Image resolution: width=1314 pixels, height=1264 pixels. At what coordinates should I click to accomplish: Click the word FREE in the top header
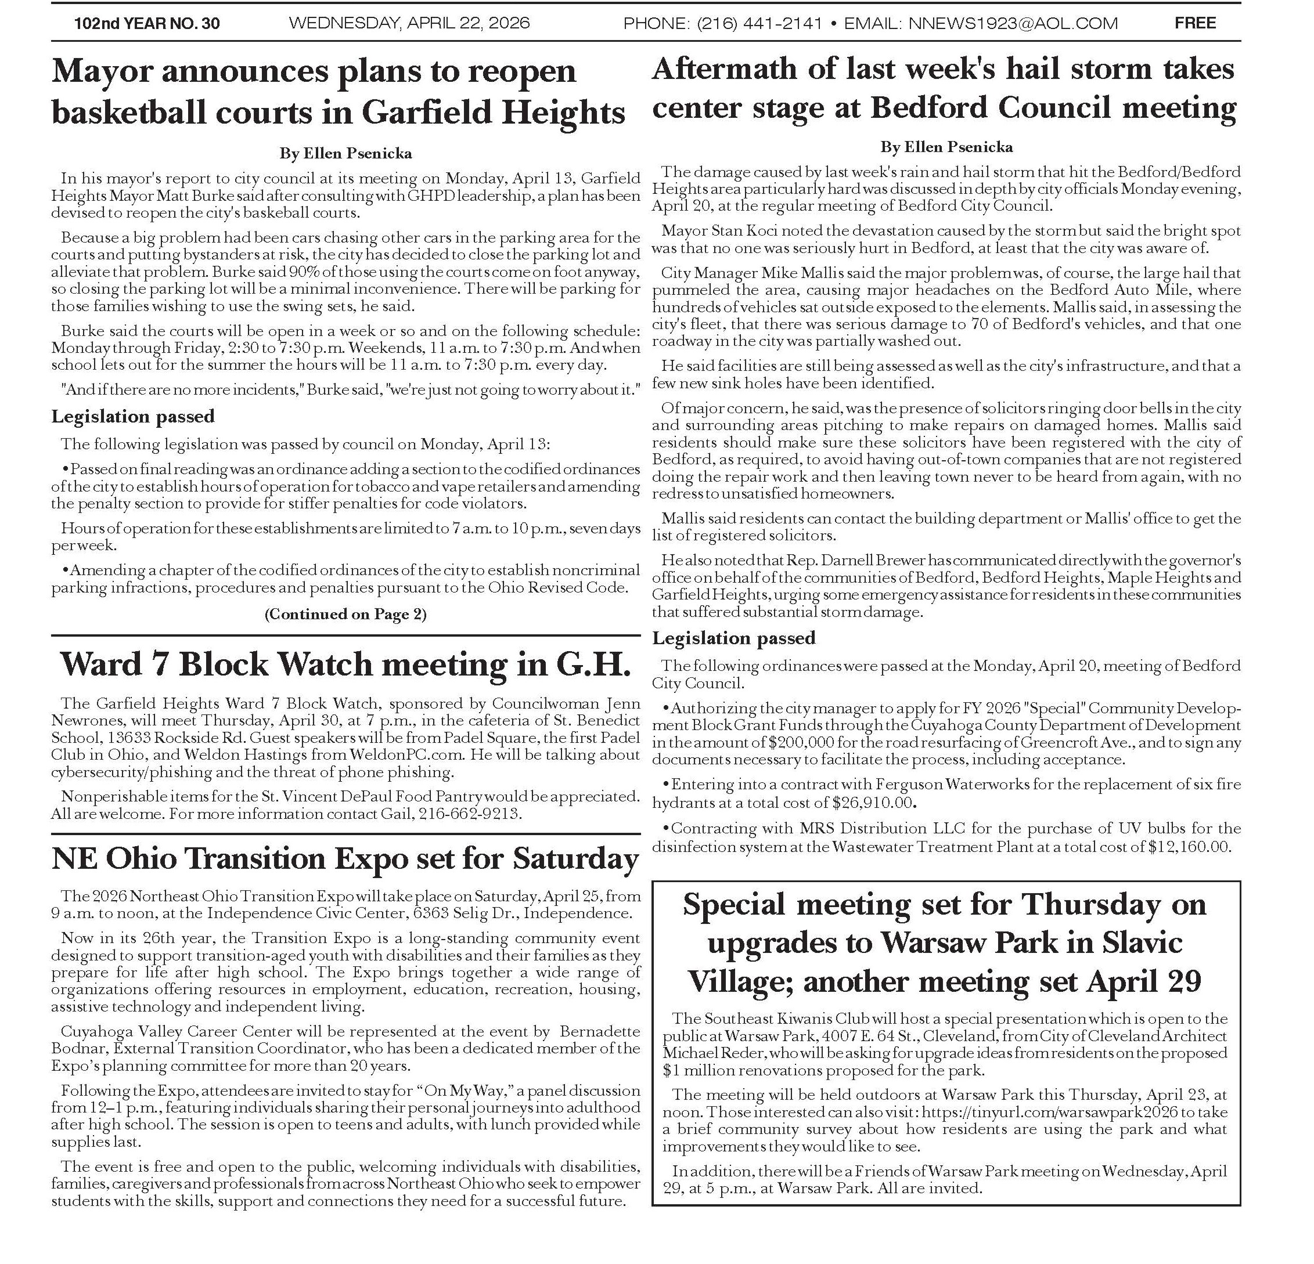pos(1194,23)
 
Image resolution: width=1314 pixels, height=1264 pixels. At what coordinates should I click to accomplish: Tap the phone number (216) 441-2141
pos(759,23)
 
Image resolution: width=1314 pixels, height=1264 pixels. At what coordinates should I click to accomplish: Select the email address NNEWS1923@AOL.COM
pos(1013,23)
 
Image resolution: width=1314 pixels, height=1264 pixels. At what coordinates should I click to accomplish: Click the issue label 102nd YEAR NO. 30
pos(147,23)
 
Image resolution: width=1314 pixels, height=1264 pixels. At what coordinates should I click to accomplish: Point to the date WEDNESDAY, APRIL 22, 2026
pos(409,23)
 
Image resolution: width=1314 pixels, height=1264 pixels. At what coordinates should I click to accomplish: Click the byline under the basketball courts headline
pos(345,153)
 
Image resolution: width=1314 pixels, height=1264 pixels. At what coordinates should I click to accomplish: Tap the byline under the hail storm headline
pos(946,147)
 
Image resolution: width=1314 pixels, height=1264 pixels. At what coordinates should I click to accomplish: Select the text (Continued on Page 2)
pos(345,614)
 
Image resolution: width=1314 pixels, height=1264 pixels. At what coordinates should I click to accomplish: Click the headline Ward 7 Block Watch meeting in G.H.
pos(345,664)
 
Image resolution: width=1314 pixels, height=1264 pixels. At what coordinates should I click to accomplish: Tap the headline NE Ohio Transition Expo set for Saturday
pos(345,858)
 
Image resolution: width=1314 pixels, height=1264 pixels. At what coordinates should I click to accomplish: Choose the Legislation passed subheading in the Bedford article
pos(733,637)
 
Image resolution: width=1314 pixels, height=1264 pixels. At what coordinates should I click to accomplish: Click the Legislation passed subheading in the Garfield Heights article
pos(133,416)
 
